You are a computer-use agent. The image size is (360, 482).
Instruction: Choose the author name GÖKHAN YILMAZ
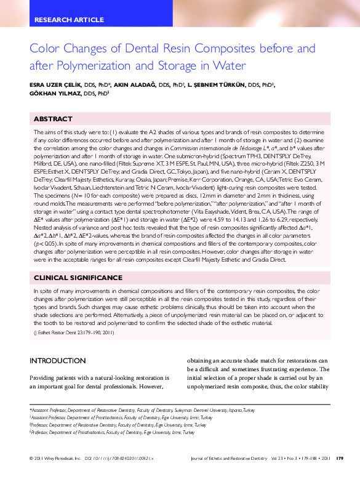[x=55, y=95]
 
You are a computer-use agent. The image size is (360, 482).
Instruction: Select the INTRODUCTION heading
[x=58, y=361]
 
